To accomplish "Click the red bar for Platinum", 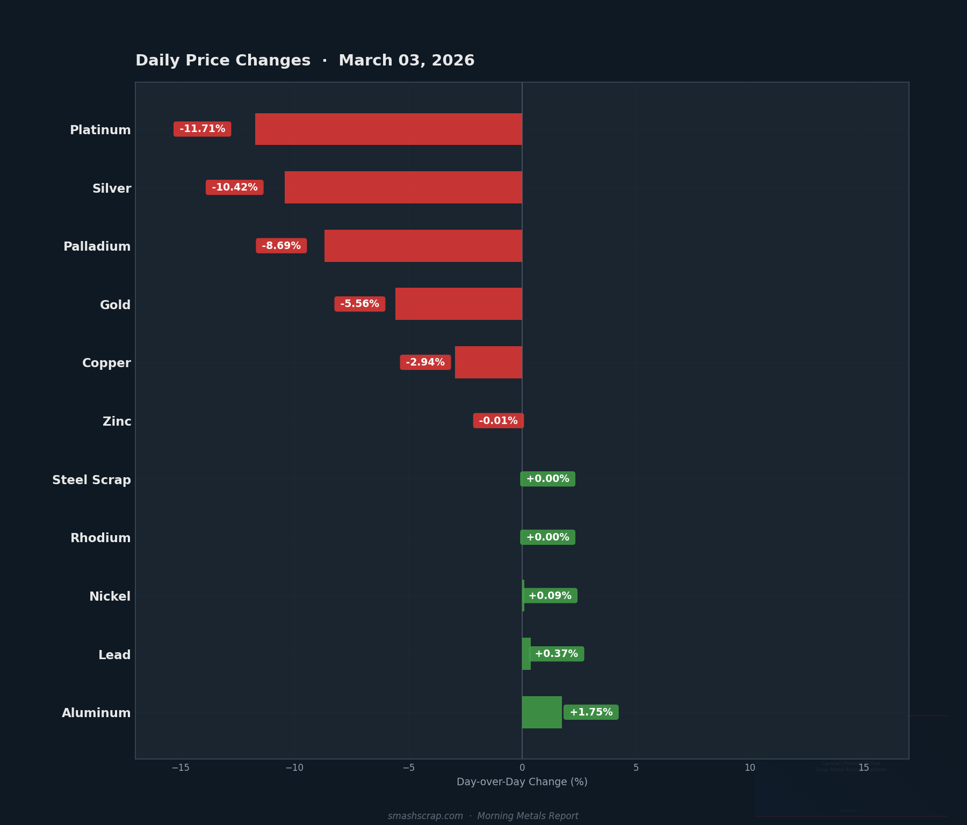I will (x=388, y=129).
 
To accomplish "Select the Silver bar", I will (x=403, y=187).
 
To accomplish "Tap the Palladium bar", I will (x=423, y=246).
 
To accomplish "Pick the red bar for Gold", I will (x=458, y=304).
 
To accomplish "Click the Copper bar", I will (x=488, y=362).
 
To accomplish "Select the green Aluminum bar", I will (x=542, y=712).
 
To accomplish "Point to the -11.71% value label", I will (x=202, y=129).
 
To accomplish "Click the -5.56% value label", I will (x=359, y=304).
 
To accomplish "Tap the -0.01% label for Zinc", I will (x=498, y=421).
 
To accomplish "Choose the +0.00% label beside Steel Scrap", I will (x=547, y=479).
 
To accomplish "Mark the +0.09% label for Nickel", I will (x=550, y=596).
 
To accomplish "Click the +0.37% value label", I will (x=556, y=654).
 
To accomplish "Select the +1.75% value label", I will (x=591, y=712).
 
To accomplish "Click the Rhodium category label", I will (x=100, y=538).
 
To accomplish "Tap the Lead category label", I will (x=114, y=655).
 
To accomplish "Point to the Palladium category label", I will (x=97, y=246).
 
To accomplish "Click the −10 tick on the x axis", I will (x=294, y=768).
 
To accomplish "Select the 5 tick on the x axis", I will (x=636, y=768).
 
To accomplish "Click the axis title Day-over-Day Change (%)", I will (x=522, y=782).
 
